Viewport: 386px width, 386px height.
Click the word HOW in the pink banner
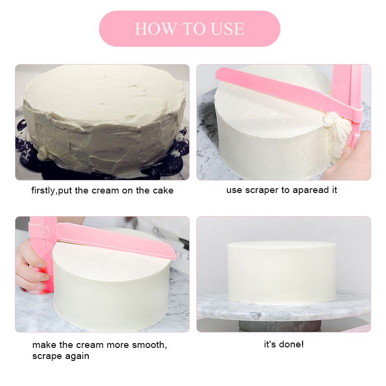coord(156,29)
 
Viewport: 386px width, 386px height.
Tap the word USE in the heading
coord(227,29)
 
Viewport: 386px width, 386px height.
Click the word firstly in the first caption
coord(43,191)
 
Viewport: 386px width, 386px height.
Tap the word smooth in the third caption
coord(149,345)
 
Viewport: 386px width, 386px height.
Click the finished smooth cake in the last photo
coord(281,272)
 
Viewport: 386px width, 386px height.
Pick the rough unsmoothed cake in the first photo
coord(105,119)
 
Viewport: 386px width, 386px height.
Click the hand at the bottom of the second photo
coord(349,158)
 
